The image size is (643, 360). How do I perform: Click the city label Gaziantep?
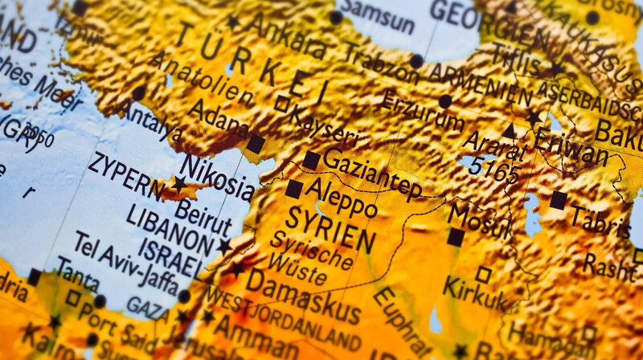tap(371, 173)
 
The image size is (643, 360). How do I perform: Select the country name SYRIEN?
tap(330, 229)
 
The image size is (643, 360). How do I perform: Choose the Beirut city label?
tap(203, 213)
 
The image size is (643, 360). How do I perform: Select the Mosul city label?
tap(479, 221)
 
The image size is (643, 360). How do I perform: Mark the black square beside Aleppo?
tap(294, 189)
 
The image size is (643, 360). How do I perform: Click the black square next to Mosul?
tap(456, 237)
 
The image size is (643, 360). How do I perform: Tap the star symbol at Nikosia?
tap(178, 185)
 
